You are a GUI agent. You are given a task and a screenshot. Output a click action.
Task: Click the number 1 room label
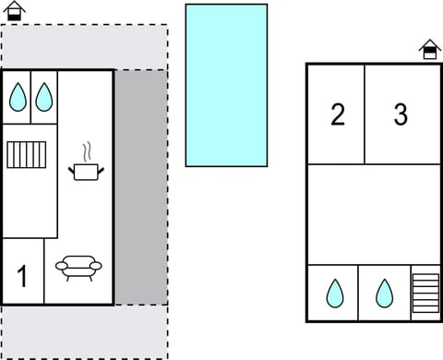point(22,276)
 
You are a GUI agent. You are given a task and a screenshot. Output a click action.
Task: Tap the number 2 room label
point(338,114)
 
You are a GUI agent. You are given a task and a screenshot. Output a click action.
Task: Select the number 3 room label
point(401,114)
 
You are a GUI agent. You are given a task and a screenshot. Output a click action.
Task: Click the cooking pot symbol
point(86,170)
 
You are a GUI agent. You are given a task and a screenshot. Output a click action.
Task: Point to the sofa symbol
point(79,267)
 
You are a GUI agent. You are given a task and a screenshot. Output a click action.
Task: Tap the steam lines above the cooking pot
point(86,150)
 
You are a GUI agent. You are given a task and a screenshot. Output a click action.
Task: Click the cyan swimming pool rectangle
point(226,85)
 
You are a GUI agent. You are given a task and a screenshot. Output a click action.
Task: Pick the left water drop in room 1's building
point(18,97)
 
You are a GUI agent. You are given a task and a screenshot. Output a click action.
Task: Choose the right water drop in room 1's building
point(43,97)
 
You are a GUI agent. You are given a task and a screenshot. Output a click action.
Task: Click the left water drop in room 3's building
point(334,294)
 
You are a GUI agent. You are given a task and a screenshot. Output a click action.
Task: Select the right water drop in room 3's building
point(384,294)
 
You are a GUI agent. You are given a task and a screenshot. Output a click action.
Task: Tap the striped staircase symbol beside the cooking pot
point(25,153)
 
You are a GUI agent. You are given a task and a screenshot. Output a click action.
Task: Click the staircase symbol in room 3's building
point(425,294)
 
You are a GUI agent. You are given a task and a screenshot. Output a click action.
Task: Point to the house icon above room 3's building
point(429,50)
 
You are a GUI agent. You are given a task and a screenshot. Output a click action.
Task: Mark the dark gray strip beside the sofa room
point(140,186)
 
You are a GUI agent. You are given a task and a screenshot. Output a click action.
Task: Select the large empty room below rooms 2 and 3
point(373,214)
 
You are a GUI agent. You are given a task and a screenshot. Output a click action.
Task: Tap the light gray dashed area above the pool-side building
point(83,46)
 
